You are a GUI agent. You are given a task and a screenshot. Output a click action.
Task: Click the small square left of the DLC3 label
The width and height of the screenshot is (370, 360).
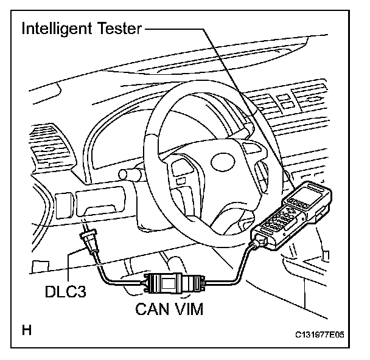coord(38,265)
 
